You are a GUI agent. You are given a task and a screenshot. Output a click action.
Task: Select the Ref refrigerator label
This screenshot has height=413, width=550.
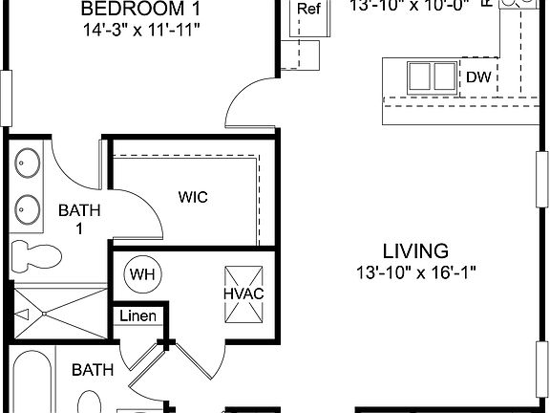click(x=308, y=10)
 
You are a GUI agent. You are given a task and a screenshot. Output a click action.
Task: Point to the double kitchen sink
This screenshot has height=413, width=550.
click(x=432, y=76)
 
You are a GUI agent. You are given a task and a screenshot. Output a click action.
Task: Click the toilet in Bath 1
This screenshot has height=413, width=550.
click(x=33, y=254)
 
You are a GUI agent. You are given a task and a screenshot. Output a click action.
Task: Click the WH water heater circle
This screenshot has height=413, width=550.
click(x=142, y=274)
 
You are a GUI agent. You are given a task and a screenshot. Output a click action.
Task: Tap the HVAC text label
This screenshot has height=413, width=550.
click(x=243, y=293)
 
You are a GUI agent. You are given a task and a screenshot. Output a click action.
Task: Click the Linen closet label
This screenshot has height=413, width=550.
click(x=138, y=315)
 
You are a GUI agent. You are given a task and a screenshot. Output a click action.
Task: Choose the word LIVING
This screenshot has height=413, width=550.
click(x=415, y=251)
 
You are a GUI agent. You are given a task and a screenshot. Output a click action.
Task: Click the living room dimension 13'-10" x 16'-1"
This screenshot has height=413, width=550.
click(x=415, y=272)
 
